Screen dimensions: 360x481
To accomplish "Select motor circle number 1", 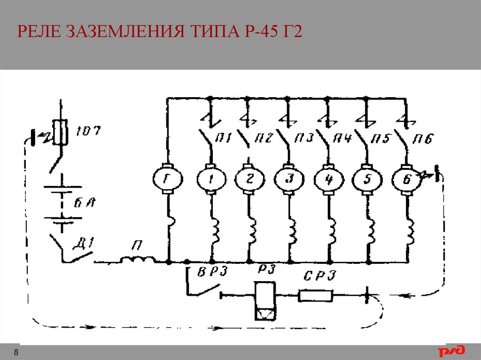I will (210, 179).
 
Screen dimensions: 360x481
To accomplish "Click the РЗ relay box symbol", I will (266, 301).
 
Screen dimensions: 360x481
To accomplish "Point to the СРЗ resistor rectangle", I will (316, 296).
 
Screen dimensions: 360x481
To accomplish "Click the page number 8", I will (16, 352).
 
